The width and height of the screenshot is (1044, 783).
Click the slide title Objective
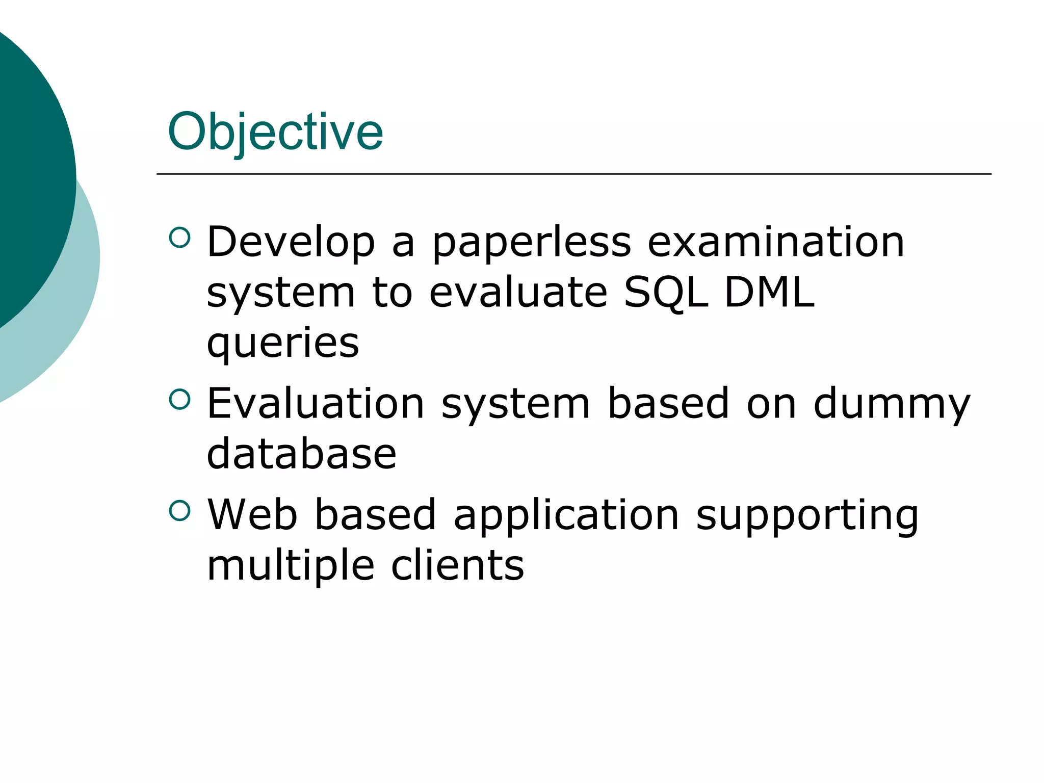coord(275,133)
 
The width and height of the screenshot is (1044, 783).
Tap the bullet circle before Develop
coord(179,237)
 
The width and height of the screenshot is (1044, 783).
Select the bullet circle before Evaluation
coord(179,399)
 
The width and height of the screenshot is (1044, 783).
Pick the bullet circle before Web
coord(179,510)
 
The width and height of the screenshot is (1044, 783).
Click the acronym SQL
coord(666,293)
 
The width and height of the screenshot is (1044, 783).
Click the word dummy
coord(892,404)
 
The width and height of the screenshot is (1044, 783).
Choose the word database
coord(301,454)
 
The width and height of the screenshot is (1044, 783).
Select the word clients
coord(458,565)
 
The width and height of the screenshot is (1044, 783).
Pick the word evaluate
coord(518,293)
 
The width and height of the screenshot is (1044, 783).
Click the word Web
coord(252,514)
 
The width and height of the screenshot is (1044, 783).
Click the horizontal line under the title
coord(573,174)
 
